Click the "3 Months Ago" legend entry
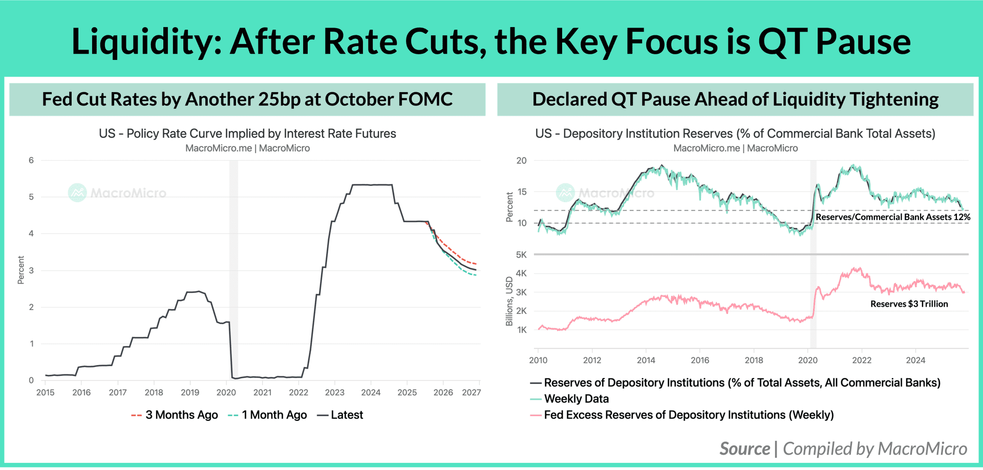pyautogui.click(x=175, y=415)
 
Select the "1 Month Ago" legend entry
pyautogui.click(x=267, y=415)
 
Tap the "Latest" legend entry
pyautogui.click(x=340, y=415)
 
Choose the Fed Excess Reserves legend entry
pyautogui.click(x=682, y=415)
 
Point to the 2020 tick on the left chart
pyautogui.click(x=226, y=392)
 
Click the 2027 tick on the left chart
pyautogui.click(x=471, y=392)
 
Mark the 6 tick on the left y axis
pyautogui.click(x=31, y=160)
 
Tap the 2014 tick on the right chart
pyautogui.click(x=646, y=360)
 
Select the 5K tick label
pyautogui.click(x=521, y=254)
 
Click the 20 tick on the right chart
pyautogui.click(x=521, y=160)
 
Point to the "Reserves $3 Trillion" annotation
pyautogui.click(x=909, y=304)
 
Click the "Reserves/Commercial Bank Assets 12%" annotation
pyautogui.click(x=893, y=217)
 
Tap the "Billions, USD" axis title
pyautogui.click(x=509, y=301)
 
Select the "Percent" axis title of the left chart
pyautogui.click(x=21, y=270)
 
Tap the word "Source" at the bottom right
pyautogui.click(x=745, y=448)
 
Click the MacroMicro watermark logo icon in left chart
pyautogui.click(x=77, y=193)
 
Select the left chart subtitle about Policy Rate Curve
pyautogui.click(x=247, y=134)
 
